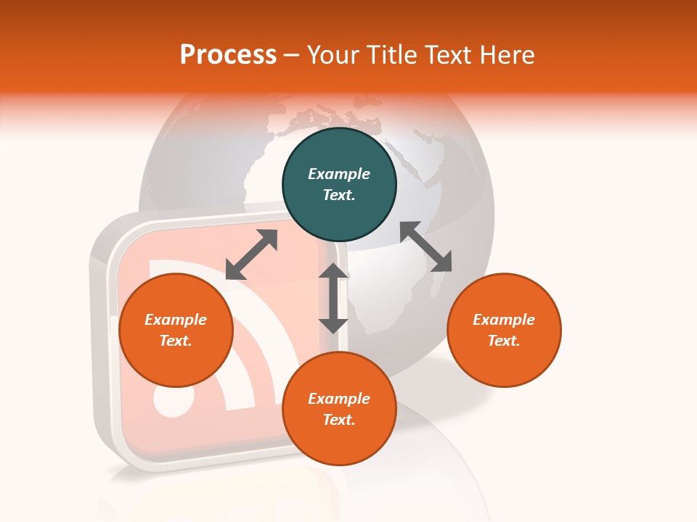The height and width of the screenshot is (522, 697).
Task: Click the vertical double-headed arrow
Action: [333, 298]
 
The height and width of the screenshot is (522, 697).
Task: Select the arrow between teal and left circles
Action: [251, 254]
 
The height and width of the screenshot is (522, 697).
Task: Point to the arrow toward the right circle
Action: [425, 246]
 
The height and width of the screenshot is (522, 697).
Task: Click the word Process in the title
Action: [228, 54]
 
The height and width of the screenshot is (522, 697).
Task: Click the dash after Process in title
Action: [291, 55]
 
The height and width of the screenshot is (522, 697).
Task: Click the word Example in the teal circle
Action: [339, 174]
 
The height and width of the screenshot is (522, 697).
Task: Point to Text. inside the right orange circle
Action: [504, 341]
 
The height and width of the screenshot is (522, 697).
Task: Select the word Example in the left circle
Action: [176, 320]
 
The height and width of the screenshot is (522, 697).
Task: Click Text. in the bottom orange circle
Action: [339, 420]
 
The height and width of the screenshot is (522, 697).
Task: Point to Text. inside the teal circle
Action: [339, 195]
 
